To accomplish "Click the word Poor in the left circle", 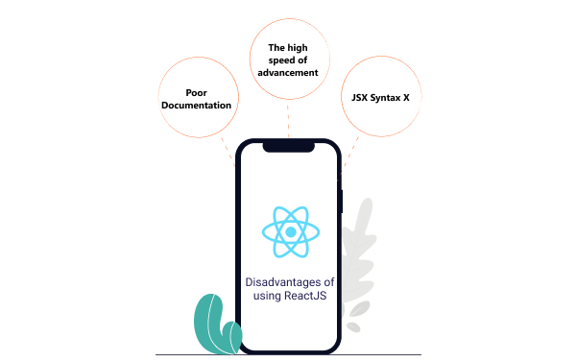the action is [x=197, y=92].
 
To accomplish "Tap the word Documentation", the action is [x=197, y=105].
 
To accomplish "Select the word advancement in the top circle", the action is [x=289, y=72].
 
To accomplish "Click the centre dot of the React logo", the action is [x=289, y=231].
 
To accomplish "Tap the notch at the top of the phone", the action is [x=288, y=147].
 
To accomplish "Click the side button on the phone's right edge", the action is [x=343, y=201].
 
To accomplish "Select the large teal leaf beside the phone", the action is [x=208, y=320].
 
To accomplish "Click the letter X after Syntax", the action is [x=406, y=98].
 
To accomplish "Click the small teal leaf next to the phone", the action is [x=230, y=335].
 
